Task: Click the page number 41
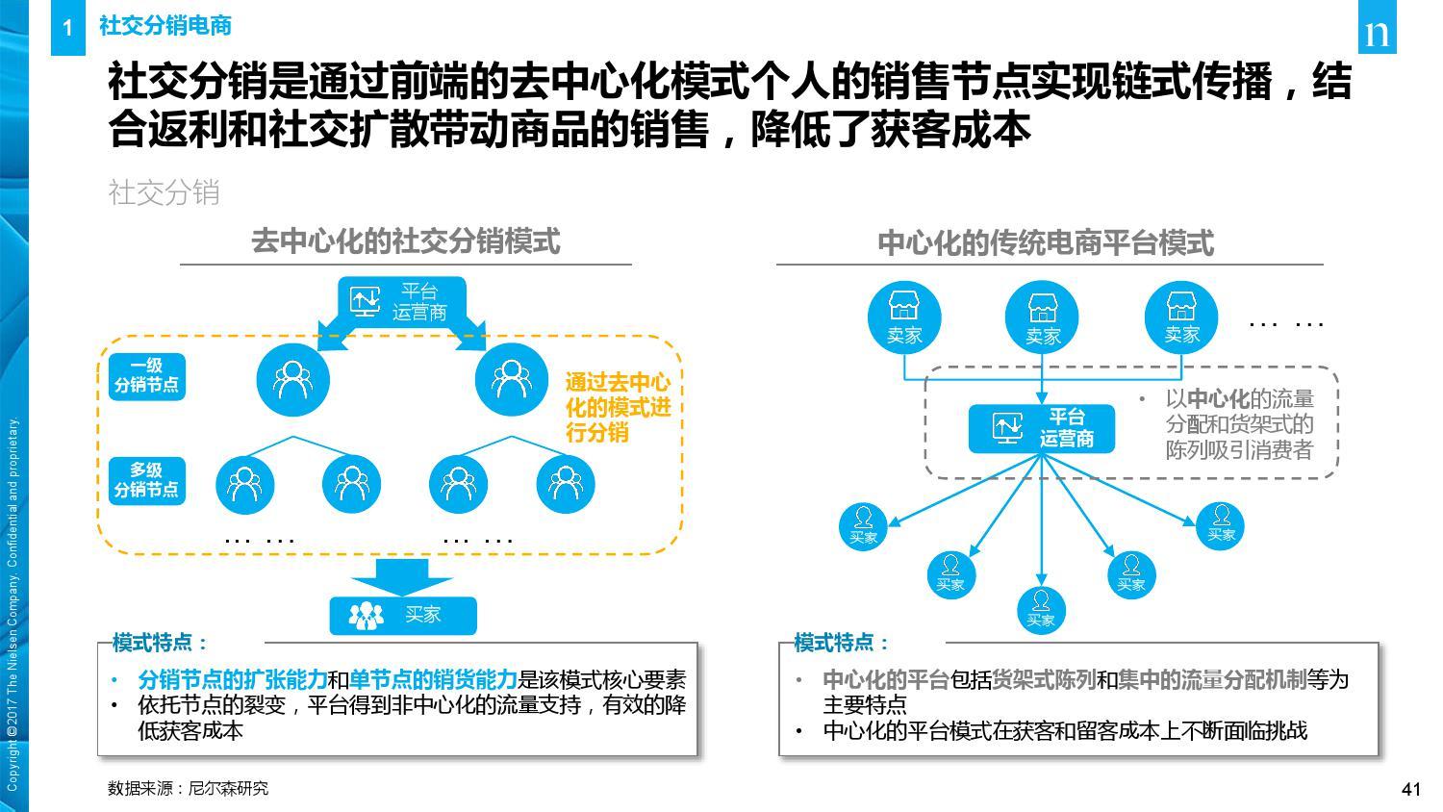point(1411,789)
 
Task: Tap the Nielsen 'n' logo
point(1377,27)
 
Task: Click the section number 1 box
point(67,27)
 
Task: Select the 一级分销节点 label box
point(147,376)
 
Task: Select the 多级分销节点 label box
point(147,481)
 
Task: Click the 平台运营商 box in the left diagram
point(401,301)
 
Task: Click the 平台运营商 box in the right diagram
point(1042,428)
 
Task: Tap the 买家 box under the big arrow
point(403,616)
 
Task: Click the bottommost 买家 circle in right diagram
point(1041,610)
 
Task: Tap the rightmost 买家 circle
point(1221,526)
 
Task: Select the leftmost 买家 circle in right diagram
point(863,527)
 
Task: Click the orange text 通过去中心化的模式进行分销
point(618,407)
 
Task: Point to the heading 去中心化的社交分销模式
point(406,241)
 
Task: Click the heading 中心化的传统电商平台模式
point(1046,243)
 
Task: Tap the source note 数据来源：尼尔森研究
point(189,788)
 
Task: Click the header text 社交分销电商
point(165,25)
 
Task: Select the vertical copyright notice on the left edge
point(13,604)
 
